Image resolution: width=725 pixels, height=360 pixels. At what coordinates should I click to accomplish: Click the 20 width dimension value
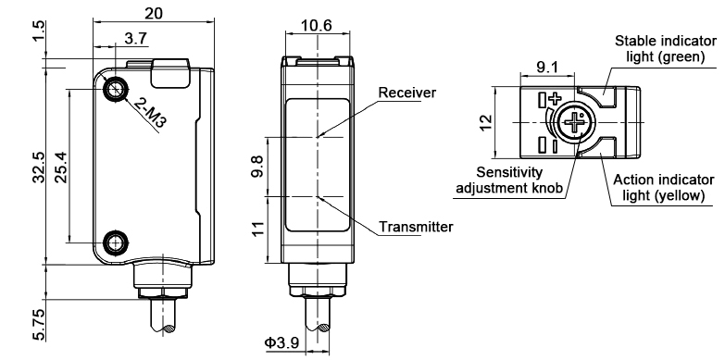point(154,13)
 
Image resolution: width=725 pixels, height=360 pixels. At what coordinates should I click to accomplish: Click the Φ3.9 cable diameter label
point(282,344)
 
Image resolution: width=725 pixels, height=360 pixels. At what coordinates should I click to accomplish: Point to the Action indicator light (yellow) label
point(667,187)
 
